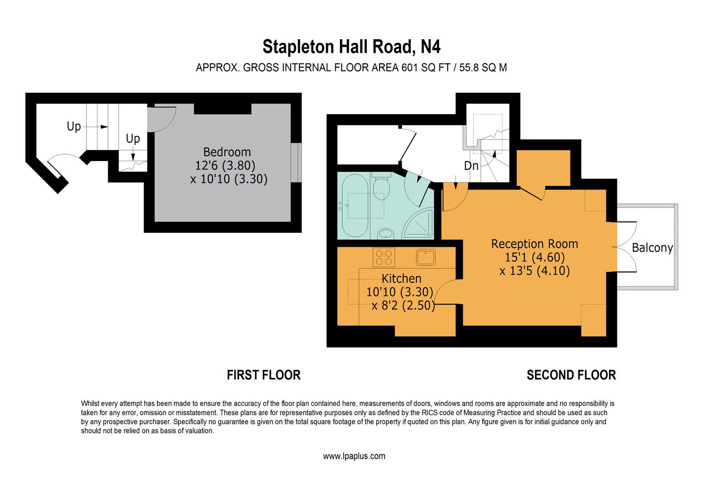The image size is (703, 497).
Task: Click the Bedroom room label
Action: [227, 152]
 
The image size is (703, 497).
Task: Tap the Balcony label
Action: [652, 248]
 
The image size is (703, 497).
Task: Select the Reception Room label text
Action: [534, 244]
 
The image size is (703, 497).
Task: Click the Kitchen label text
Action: [401, 278]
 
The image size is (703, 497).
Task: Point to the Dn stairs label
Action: [471, 166]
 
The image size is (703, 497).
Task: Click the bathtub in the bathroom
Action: [353, 205]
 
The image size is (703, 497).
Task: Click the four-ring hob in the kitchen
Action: [384, 257]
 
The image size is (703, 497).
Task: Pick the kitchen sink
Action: [426, 257]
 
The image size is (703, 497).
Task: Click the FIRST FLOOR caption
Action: [264, 375]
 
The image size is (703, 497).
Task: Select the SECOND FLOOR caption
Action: [571, 375]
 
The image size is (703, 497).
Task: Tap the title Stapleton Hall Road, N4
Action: [351, 46]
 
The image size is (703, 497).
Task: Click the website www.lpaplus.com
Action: [354, 457]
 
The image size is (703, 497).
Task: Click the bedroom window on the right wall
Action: [297, 163]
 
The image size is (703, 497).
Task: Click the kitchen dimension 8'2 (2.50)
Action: [403, 305]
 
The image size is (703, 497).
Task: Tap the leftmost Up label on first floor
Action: [74, 127]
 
